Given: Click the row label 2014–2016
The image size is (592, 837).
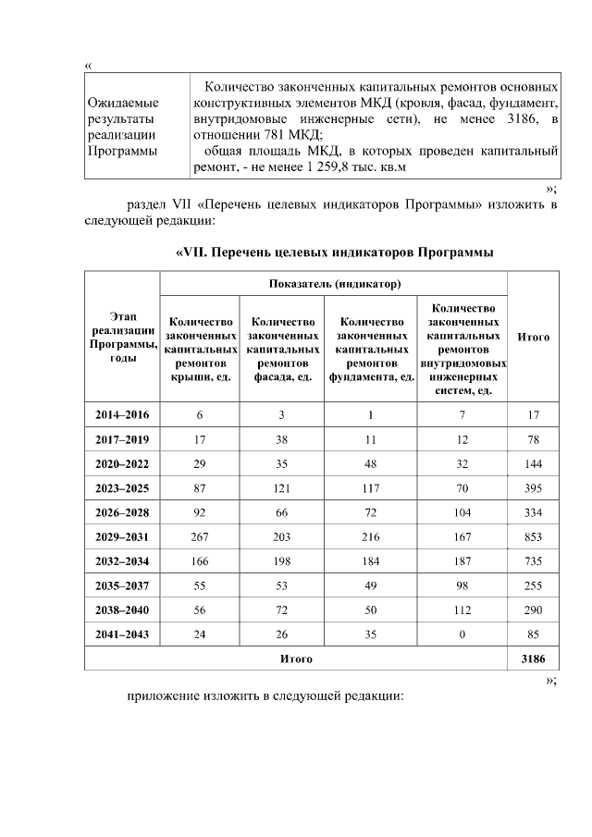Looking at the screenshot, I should [122, 415].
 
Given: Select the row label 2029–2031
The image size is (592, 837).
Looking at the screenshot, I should [122, 536].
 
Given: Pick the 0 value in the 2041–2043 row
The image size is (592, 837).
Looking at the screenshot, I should [462, 634].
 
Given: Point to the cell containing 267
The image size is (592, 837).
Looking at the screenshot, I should [199, 536].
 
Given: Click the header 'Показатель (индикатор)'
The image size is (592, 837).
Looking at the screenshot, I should [334, 282].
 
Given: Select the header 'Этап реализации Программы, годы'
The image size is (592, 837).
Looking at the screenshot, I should [122, 336].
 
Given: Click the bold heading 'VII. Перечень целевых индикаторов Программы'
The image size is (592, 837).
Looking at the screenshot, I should [334, 252].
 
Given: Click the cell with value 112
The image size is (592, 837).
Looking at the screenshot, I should [462, 609].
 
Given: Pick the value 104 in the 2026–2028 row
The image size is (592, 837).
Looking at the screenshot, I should [462, 512].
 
